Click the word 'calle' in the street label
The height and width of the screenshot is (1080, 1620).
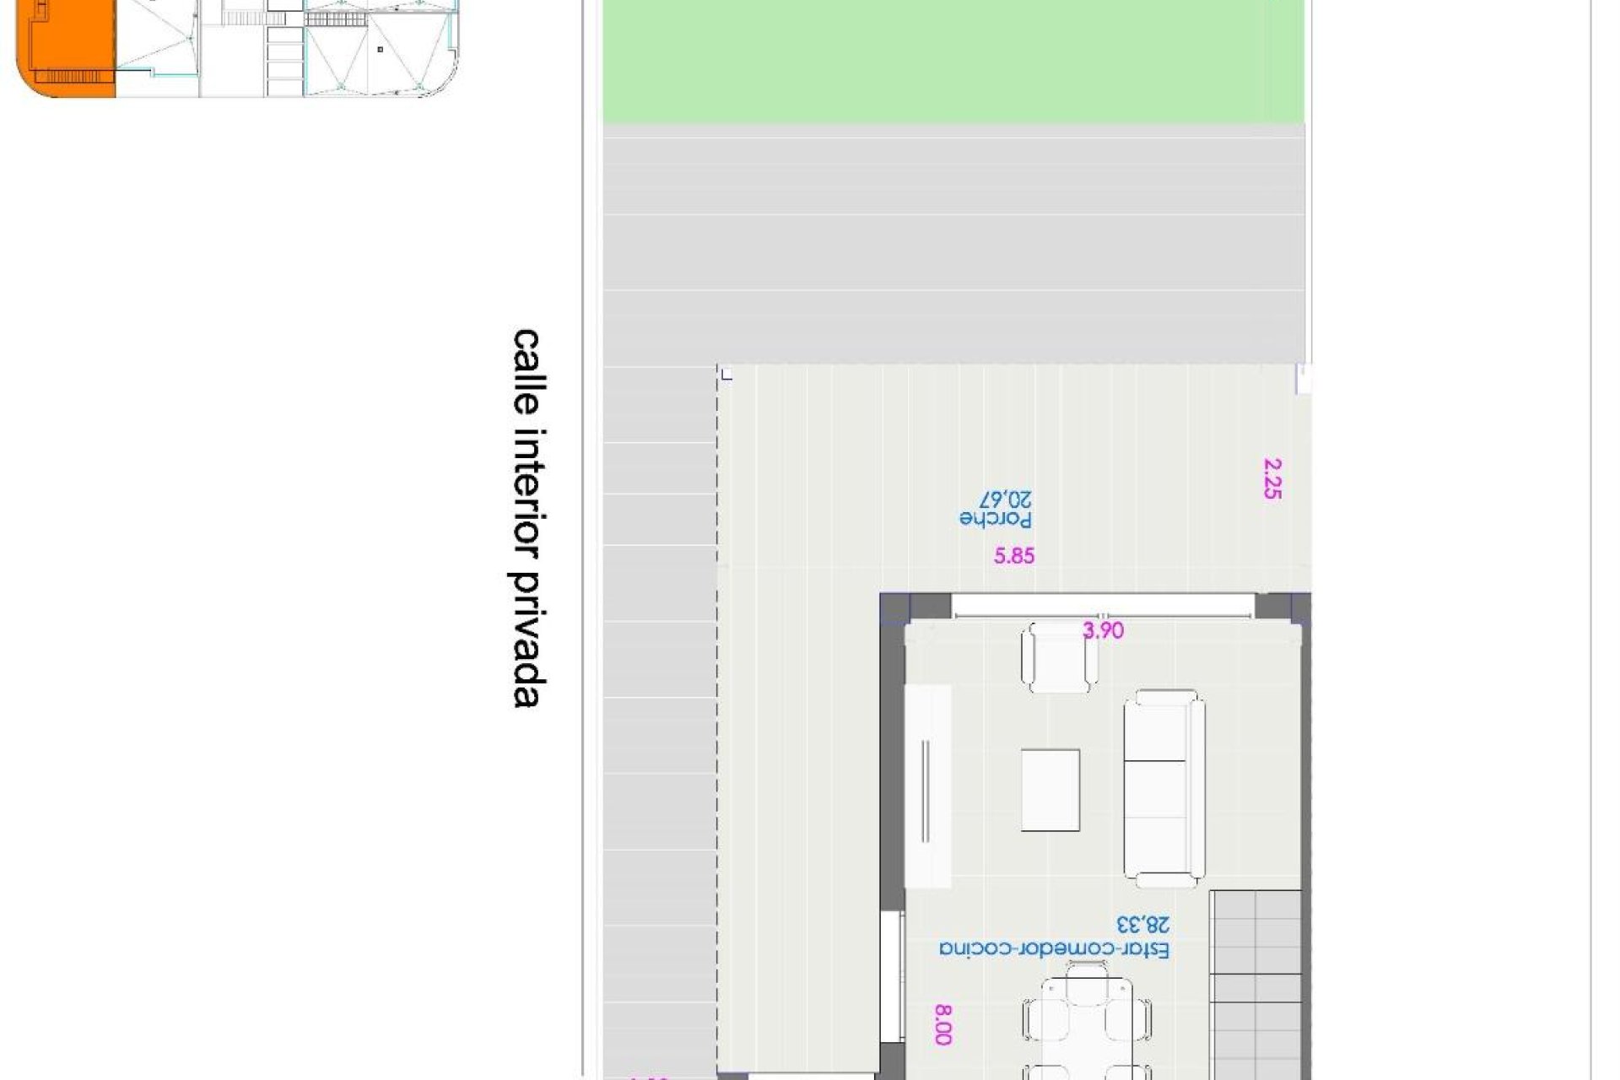click(526, 371)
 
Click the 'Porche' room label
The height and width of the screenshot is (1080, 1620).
click(996, 519)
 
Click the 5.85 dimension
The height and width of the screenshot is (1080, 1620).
click(1013, 556)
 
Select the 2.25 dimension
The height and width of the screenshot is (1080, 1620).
click(1272, 478)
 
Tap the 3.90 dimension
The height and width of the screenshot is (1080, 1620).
click(1103, 630)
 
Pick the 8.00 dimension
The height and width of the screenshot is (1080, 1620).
click(943, 1024)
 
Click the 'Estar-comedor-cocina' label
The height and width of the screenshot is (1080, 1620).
click(1055, 949)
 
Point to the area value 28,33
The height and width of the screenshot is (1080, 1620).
click(1143, 926)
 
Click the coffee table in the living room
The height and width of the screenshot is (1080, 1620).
click(1050, 791)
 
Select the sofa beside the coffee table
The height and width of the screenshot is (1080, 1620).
click(1164, 789)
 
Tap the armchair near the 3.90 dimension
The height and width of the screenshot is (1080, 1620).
click(1059, 658)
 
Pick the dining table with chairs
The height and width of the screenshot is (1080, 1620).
click(1087, 1025)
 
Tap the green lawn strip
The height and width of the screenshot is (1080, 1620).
click(953, 63)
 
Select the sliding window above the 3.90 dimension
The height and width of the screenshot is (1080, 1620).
click(1102, 605)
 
